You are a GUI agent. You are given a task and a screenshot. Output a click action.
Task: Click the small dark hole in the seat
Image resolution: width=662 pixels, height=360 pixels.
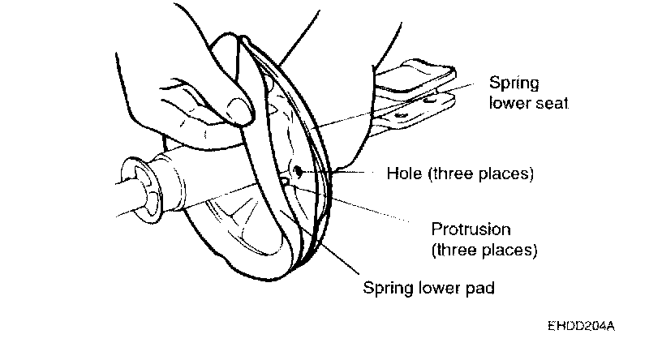[x=299, y=171]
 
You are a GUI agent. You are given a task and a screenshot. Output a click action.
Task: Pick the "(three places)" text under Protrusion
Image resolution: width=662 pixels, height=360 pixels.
[x=484, y=250]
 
